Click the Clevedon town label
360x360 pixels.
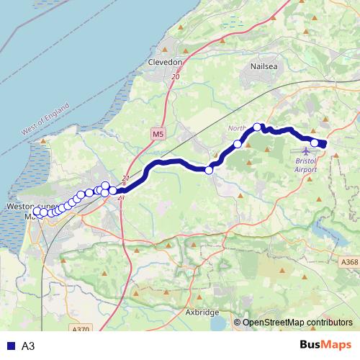[166, 63]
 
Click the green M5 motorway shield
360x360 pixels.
[158, 134]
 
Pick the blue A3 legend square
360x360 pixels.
[11, 346]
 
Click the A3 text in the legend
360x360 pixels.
[28, 346]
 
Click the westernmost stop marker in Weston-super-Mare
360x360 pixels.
[37, 212]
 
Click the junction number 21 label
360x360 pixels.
[127, 179]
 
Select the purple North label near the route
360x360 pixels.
[237, 129]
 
